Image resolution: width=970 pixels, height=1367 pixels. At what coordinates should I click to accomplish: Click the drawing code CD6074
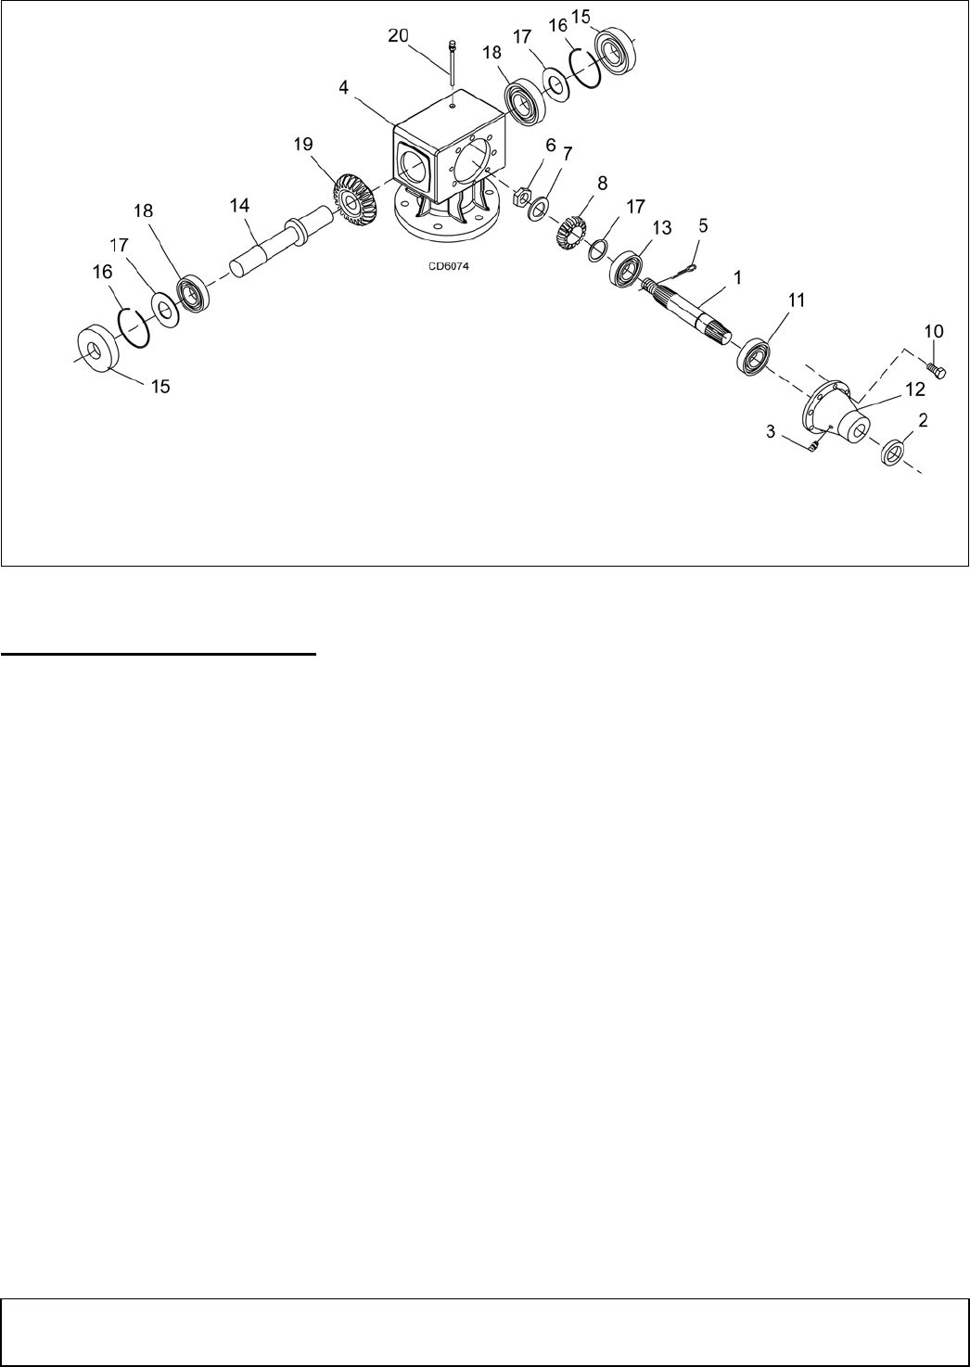coord(448,266)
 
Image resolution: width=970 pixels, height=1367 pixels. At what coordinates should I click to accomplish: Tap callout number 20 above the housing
coord(398,36)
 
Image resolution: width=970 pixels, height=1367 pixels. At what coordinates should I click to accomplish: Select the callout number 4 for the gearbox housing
coord(343,88)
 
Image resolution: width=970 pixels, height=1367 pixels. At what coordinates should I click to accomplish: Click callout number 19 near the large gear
coord(303,144)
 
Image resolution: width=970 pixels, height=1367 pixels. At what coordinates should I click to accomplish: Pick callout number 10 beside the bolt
coord(934,331)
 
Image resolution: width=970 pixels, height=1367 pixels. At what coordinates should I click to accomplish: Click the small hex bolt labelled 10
coord(936,370)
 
